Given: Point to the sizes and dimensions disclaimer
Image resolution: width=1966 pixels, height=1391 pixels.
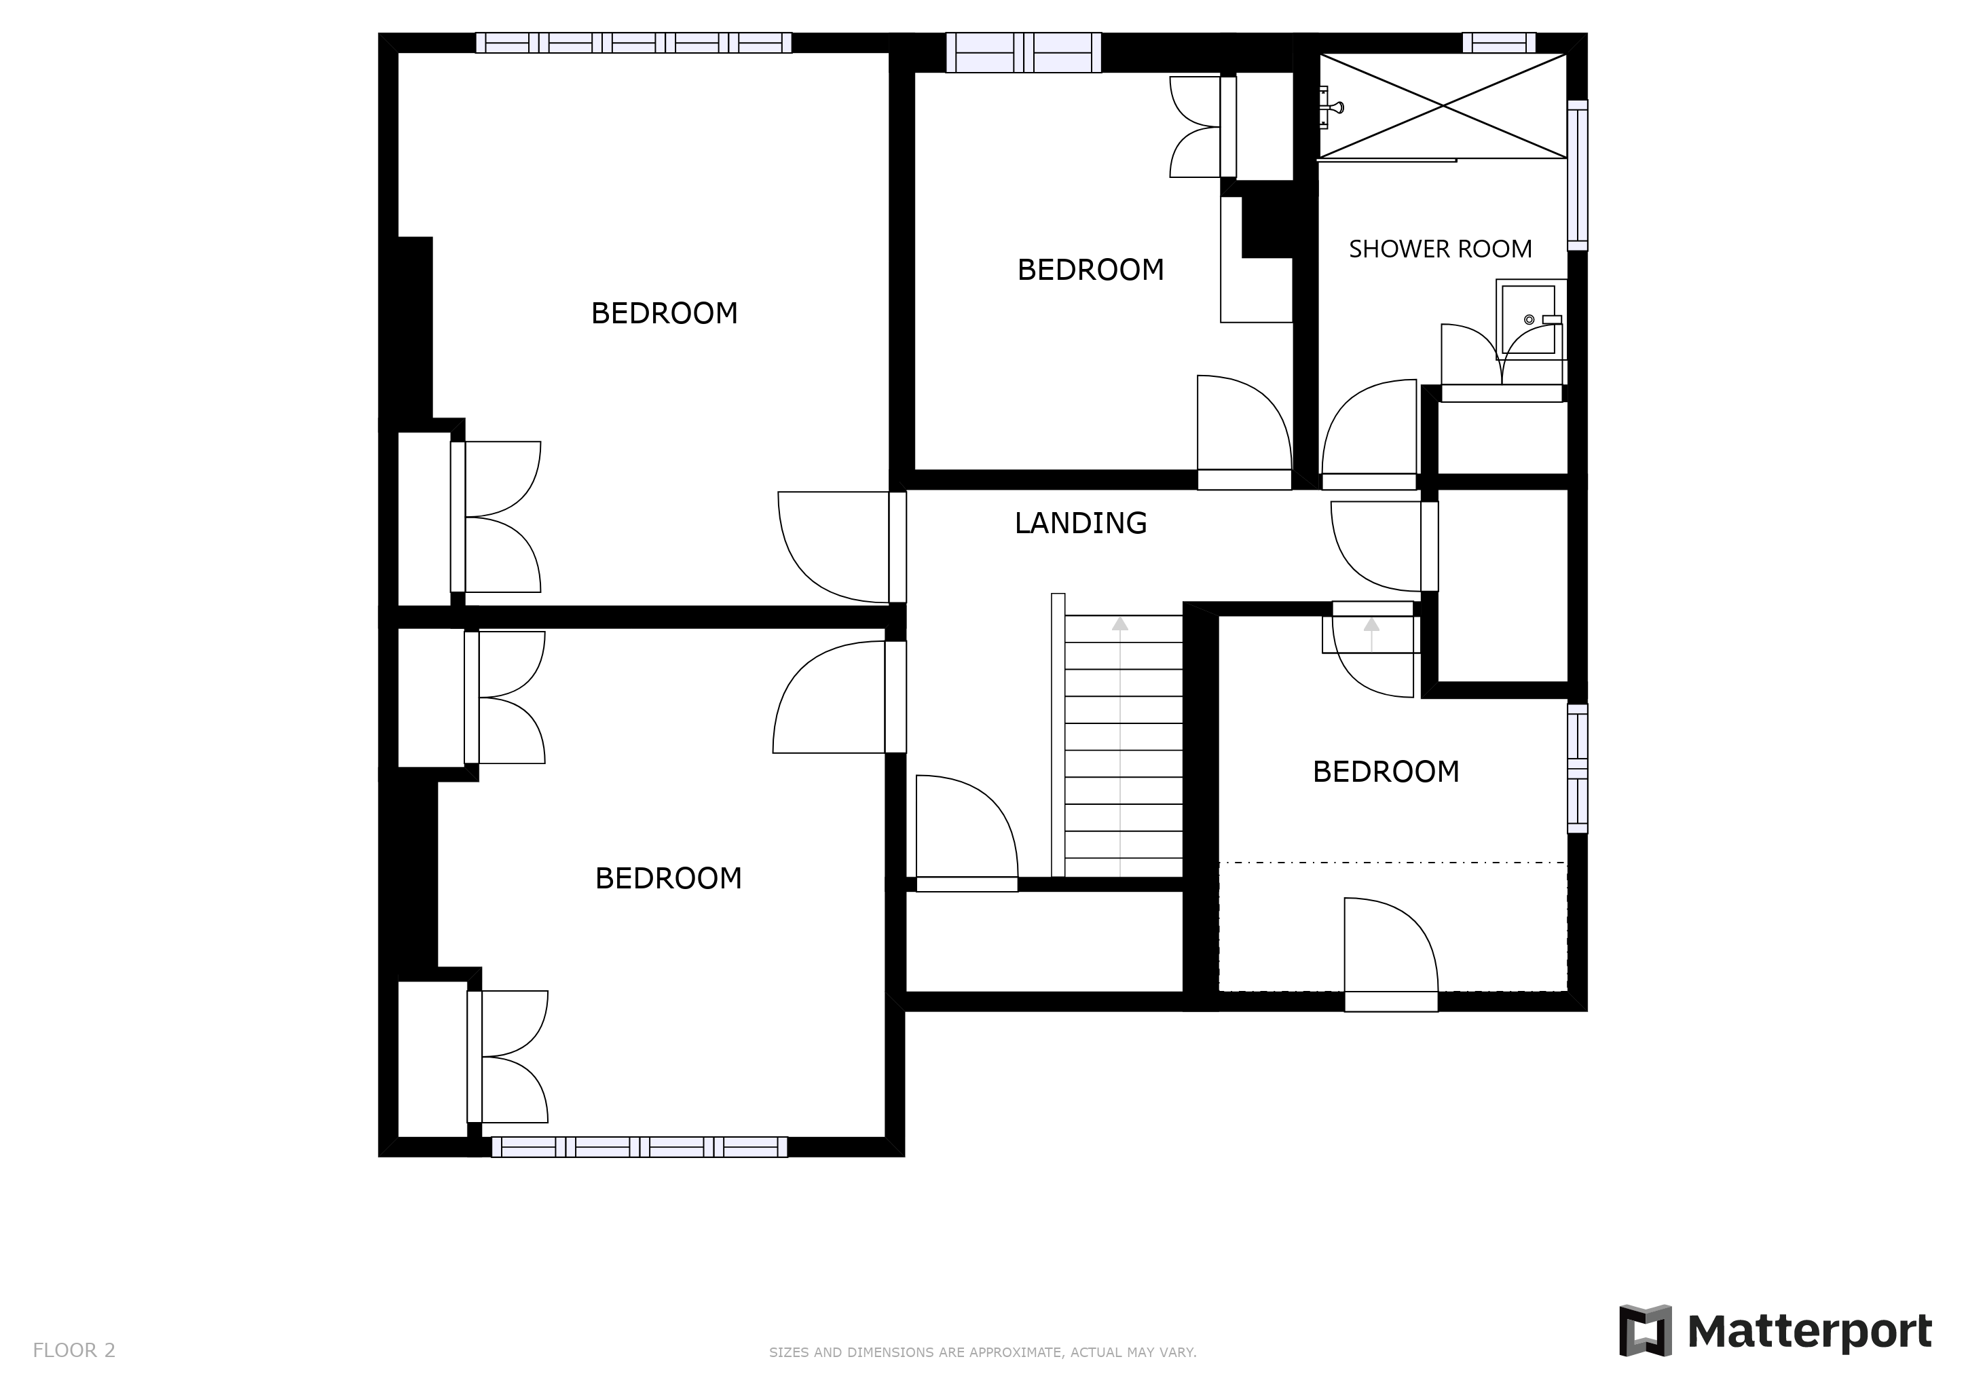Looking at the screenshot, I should (982, 1352).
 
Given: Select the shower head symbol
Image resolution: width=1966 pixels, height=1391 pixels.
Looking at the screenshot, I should (1333, 107).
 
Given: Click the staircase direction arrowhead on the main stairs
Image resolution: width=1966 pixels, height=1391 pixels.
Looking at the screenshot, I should (1119, 624).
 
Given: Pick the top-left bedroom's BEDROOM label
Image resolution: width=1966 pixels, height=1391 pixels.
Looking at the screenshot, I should (664, 314).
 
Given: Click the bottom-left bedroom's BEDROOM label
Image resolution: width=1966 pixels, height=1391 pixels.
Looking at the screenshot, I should (668, 879).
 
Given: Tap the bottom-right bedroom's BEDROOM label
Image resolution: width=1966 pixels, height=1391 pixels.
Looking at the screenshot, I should (1386, 772).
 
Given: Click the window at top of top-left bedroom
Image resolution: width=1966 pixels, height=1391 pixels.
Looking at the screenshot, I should (633, 43).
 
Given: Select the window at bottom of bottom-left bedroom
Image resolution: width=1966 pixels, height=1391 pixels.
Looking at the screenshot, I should (639, 1147).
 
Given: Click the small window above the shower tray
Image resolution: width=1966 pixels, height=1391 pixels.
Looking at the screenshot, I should (1498, 43).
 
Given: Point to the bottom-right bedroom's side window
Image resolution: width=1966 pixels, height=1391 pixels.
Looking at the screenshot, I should (1576, 768).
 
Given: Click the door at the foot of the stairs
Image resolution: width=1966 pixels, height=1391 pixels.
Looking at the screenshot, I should (966, 835).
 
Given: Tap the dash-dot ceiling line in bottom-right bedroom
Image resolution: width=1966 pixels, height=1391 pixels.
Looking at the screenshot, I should (1392, 863).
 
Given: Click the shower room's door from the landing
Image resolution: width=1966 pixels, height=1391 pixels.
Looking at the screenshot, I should (1369, 433).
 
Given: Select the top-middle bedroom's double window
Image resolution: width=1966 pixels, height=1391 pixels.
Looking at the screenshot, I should (1023, 52).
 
